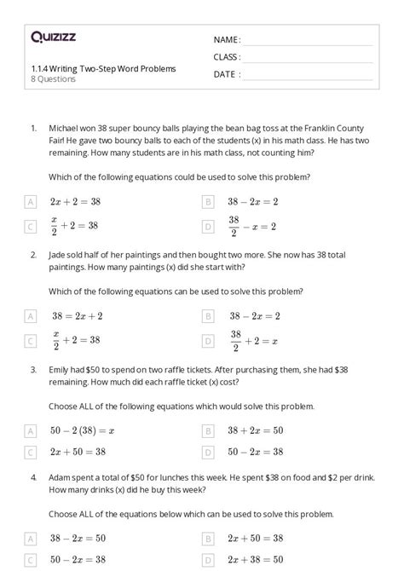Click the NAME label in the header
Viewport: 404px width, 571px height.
pyautogui.click(x=227, y=40)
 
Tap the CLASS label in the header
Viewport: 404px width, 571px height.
pyautogui.click(x=227, y=57)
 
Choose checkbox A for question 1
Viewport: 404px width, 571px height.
pyautogui.click(x=32, y=202)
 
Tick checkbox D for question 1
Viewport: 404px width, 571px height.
pyautogui.click(x=208, y=226)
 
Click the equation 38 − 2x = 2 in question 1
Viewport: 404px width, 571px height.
pyautogui.click(x=252, y=202)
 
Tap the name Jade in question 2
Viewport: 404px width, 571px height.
pyautogui.click(x=60, y=255)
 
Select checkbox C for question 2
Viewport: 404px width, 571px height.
pyautogui.click(x=32, y=340)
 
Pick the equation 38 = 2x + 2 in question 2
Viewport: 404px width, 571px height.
pyautogui.click(x=77, y=316)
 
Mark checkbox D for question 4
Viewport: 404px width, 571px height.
pyautogui.click(x=208, y=560)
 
